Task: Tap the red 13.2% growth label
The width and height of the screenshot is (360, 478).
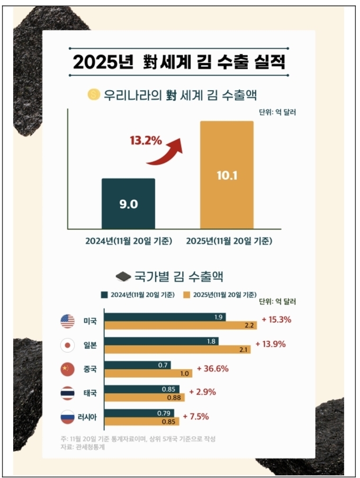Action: (x=146, y=141)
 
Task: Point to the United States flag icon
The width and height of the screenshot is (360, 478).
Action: (x=67, y=321)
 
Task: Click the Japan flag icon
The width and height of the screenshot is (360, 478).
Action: (x=67, y=346)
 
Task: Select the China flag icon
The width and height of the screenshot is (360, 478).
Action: (x=67, y=369)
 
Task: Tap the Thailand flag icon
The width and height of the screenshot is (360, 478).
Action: (x=67, y=393)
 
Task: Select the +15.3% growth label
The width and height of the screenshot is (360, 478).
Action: (x=276, y=320)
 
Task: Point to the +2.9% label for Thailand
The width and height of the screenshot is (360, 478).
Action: (x=204, y=393)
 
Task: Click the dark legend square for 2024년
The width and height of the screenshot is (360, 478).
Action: (x=105, y=295)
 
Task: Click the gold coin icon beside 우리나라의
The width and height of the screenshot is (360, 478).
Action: (x=93, y=95)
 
